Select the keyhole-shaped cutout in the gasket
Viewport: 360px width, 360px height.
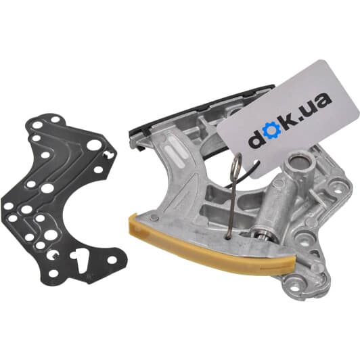[80, 258]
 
